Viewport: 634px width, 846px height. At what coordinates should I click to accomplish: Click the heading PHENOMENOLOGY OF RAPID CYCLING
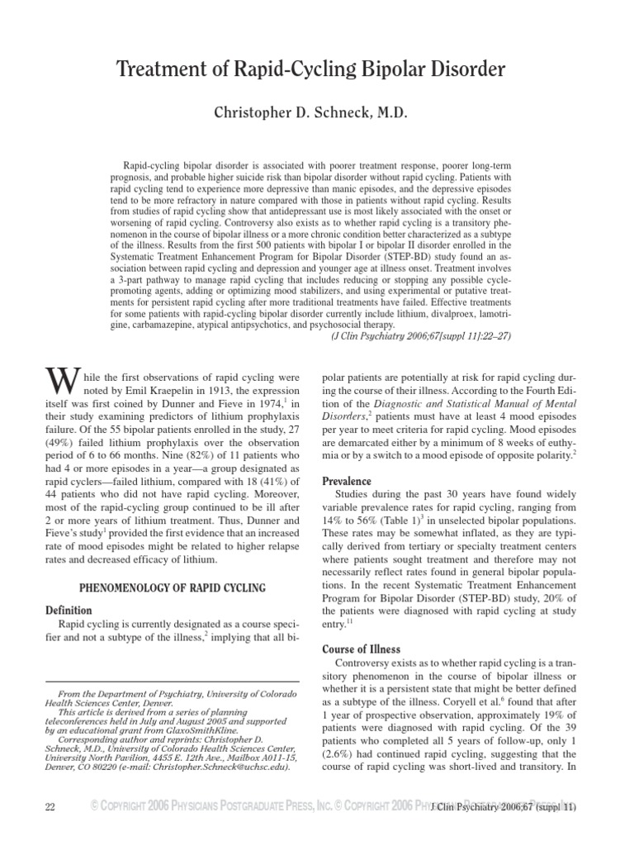172,587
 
